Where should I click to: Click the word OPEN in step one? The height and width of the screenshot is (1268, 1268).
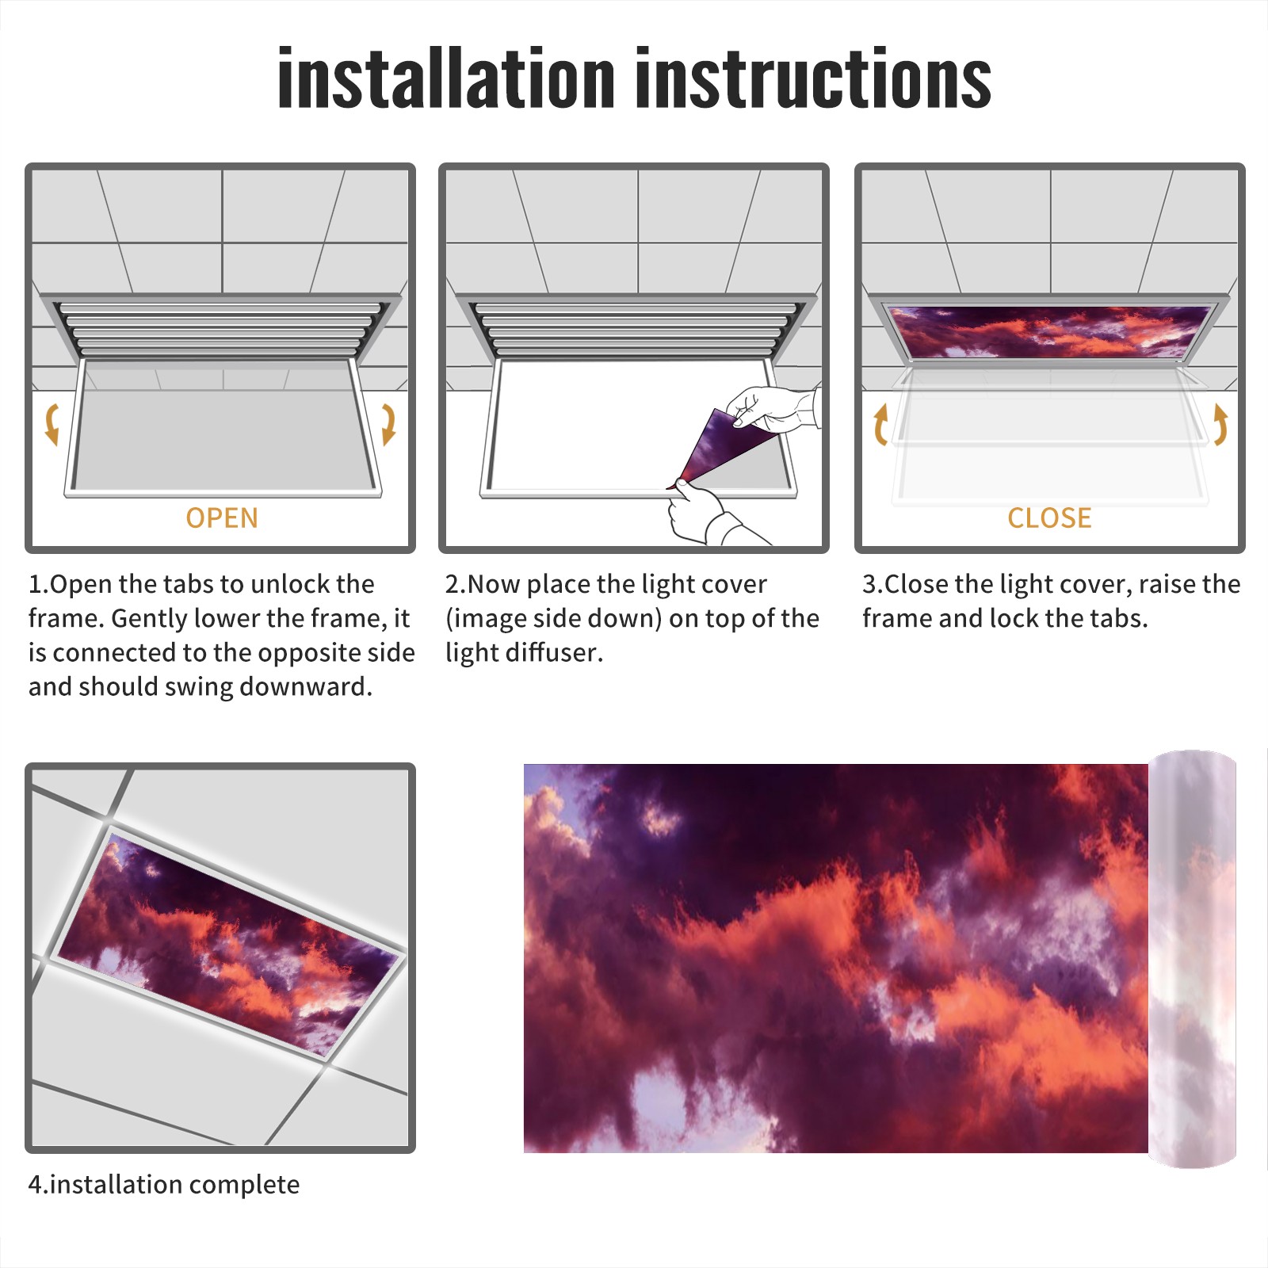pos(222,518)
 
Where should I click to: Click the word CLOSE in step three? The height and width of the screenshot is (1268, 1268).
pos(1049,518)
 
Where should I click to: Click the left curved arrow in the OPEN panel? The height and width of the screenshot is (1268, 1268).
pos(52,424)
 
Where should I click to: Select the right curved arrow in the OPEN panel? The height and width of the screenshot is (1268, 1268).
pos(388,424)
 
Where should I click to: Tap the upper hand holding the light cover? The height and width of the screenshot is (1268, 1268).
pos(773,409)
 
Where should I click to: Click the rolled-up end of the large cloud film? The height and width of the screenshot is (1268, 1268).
pos(1192,959)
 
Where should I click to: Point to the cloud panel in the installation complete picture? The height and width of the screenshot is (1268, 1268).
pos(227,943)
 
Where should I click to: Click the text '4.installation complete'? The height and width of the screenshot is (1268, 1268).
pos(164,1185)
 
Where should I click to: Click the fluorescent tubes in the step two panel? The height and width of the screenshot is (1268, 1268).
pos(635,329)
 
